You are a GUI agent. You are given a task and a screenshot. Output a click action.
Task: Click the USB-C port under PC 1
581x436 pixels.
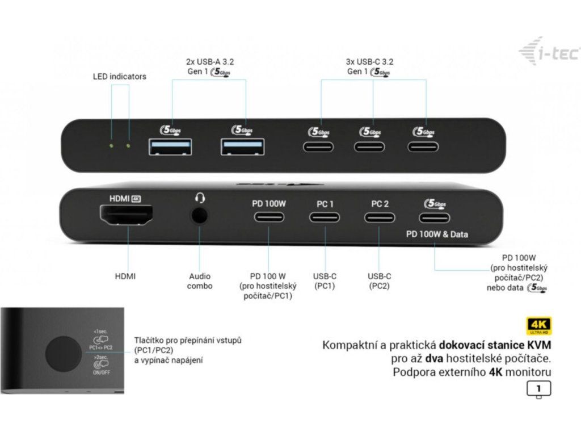[325, 217]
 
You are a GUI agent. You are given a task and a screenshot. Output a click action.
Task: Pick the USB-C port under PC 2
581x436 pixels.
[380, 217]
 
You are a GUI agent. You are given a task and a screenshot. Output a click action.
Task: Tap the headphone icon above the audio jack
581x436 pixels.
[200, 198]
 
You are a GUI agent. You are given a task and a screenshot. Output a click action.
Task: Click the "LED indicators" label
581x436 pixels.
[119, 76]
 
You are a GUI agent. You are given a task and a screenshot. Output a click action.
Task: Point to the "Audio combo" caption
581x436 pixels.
[200, 281]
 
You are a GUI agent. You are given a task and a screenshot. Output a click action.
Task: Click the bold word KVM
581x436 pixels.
[538, 345]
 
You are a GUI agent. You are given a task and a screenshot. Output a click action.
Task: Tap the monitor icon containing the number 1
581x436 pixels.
[538, 389]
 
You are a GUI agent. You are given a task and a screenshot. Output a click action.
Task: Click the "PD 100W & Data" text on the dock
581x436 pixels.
[437, 234]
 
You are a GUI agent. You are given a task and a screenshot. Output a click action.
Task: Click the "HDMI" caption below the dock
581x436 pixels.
[125, 276]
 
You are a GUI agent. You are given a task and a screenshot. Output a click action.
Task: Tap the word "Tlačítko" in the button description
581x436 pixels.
[150, 340]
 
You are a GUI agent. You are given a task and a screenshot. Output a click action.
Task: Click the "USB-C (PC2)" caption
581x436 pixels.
[380, 281]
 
